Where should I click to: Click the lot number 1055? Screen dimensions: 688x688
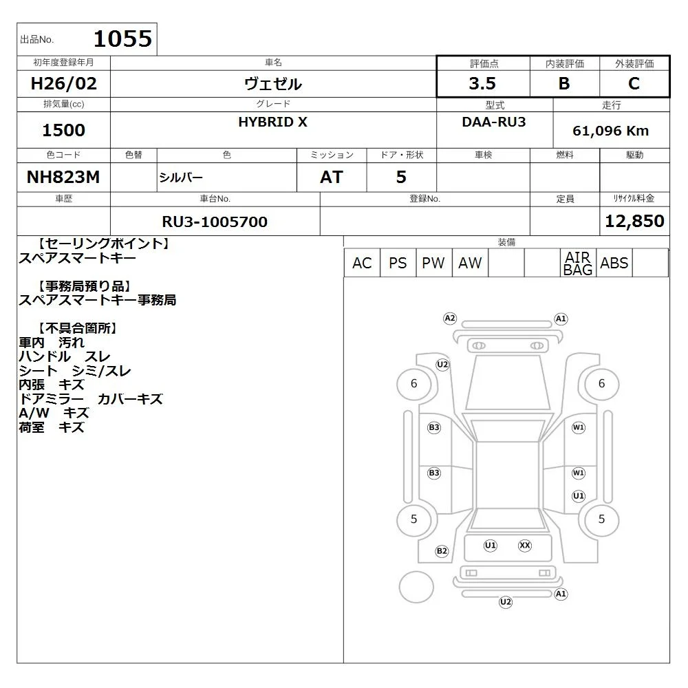pos(123,39)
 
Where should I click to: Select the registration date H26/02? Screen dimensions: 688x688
pos(63,83)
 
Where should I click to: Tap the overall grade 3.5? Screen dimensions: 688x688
pos(482,83)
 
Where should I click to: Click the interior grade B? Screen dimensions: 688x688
pos(564,83)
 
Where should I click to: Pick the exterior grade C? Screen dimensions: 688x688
pos(634,83)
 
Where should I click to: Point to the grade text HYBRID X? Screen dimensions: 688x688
pos(272,122)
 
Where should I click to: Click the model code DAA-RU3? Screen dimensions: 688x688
pos(493,122)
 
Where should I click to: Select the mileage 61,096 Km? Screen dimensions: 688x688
pos(610,131)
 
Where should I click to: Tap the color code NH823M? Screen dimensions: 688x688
pos(63,177)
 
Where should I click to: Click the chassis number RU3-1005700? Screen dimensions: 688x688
pos(215,222)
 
